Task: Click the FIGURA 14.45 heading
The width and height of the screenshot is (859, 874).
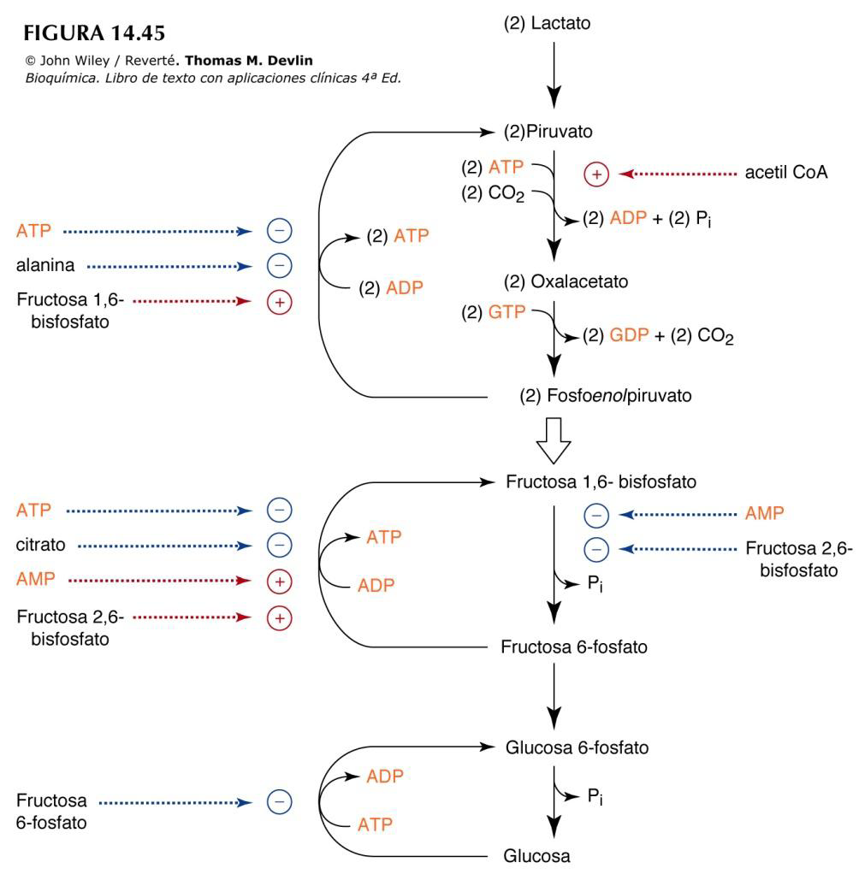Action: [95, 33]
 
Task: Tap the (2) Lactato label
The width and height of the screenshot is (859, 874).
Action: [548, 24]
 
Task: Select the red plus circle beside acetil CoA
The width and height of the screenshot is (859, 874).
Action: [595, 174]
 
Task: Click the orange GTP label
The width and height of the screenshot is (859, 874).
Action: [506, 312]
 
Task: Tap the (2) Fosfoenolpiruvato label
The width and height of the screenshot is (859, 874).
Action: [605, 396]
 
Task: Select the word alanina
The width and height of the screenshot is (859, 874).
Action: [45, 266]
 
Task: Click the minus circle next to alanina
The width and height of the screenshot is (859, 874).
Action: [279, 266]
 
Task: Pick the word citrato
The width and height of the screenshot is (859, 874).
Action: [42, 544]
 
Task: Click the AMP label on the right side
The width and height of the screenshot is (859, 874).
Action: [764, 513]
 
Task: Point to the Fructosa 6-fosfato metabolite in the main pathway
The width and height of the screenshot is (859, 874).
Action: [573, 647]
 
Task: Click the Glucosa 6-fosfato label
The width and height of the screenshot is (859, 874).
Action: [577, 747]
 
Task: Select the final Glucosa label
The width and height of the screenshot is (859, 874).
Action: [535, 855]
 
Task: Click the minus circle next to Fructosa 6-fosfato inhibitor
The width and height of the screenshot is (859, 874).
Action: [279, 802]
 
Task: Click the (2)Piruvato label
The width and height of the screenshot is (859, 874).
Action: [548, 133]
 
